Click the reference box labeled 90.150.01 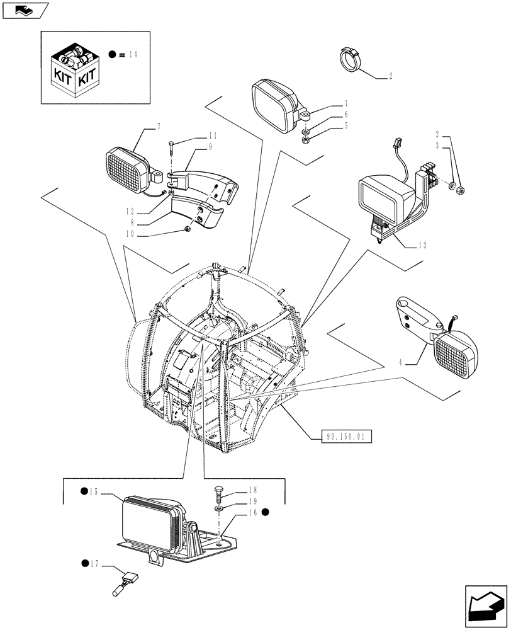point(346,435)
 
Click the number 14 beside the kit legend point(132,55)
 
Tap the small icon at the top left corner point(25,9)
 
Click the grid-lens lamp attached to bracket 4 point(458,354)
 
